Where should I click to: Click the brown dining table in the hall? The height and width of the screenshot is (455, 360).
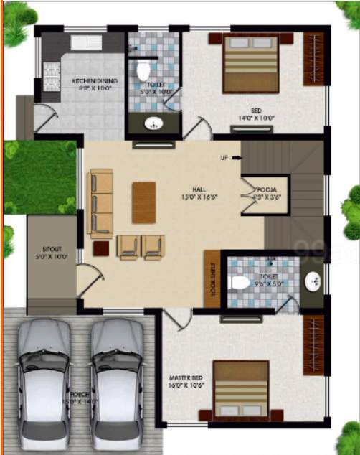pos(143,197)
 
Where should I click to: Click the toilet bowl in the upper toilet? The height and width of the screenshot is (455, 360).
pos(142,72)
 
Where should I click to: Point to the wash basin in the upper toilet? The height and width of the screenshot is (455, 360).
pos(153,124)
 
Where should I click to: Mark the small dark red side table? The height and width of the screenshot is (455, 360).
pos(101,248)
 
